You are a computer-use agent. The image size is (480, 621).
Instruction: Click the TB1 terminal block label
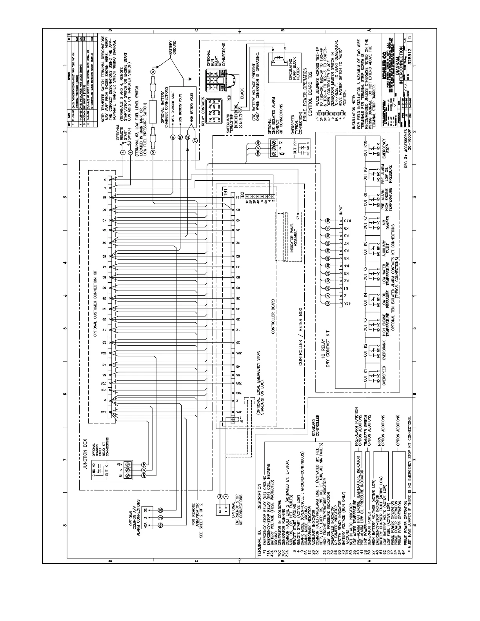[x=225, y=192]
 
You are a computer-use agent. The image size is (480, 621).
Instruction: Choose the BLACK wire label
[x=242, y=93]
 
